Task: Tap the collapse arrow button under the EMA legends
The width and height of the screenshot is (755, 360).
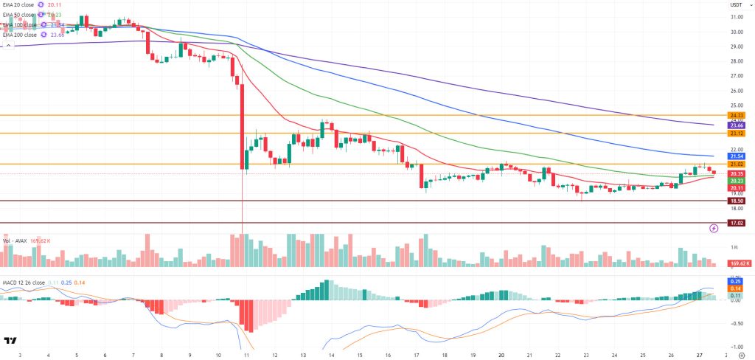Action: click(x=9, y=45)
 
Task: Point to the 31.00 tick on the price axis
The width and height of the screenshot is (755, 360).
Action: click(x=735, y=17)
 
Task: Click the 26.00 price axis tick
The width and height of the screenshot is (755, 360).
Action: click(x=735, y=91)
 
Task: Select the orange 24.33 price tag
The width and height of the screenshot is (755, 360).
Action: click(x=735, y=115)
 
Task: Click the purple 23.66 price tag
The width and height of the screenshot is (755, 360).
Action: click(x=735, y=125)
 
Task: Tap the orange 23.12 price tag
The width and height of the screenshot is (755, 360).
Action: click(x=735, y=134)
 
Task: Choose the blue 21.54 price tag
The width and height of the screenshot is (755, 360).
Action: click(x=735, y=156)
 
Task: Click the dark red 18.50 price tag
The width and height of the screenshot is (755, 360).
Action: click(x=735, y=201)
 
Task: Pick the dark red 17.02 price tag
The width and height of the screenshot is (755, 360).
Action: click(x=735, y=223)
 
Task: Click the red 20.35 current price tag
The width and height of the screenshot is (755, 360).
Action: click(x=735, y=174)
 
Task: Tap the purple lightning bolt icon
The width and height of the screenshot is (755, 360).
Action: click(x=714, y=229)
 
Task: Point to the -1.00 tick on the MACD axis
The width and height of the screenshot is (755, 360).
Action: click(x=735, y=346)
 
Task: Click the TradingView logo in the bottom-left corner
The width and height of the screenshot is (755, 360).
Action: click(x=10, y=341)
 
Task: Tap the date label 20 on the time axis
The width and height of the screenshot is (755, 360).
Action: click(x=501, y=355)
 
